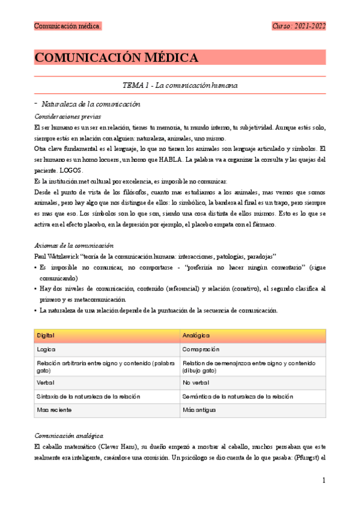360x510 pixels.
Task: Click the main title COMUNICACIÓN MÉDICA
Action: coord(117,58)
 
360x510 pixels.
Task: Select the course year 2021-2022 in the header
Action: coord(299,26)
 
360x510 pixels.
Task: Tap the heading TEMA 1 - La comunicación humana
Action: coord(180,85)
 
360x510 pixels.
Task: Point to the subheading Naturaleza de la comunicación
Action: coord(91,104)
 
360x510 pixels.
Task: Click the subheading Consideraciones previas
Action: coord(67,117)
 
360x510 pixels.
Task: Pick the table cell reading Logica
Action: coord(46,349)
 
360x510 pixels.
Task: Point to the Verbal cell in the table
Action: coord(46,382)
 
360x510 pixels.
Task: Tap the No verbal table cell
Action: coord(196,382)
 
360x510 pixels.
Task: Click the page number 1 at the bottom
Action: coord(323,481)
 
